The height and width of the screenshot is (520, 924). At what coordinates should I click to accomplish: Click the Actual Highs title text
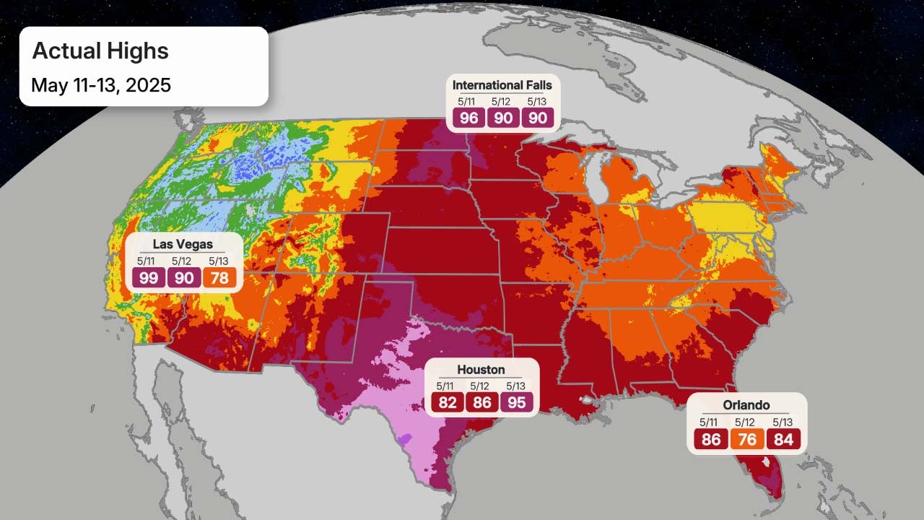click(x=100, y=51)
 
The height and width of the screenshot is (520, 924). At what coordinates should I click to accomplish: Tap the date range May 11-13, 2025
click(x=101, y=85)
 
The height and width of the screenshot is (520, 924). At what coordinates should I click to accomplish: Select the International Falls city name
click(x=502, y=85)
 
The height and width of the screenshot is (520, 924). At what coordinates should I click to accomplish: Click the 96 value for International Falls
click(x=469, y=118)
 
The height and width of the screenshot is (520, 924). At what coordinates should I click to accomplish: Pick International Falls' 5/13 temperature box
click(x=537, y=118)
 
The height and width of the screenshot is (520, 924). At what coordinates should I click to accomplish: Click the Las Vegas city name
click(x=183, y=245)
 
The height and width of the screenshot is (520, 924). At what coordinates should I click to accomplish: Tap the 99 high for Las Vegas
click(x=148, y=278)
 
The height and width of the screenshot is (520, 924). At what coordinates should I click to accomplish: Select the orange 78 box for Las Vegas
click(x=219, y=278)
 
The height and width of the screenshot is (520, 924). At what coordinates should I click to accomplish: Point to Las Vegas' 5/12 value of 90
click(x=184, y=278)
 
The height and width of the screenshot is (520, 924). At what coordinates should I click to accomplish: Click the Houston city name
click(x=481, y=370)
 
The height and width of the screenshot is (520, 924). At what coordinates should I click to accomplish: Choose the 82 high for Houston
click(x=448, y=402)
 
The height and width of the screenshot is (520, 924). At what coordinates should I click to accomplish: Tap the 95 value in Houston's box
click(x=517, y=402)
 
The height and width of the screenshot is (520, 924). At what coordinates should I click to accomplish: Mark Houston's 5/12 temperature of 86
click(x=482, y=402)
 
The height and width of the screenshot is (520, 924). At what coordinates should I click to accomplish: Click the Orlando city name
click(x=746, y=405)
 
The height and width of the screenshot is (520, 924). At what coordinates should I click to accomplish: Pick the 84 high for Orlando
click(x=783, y=439)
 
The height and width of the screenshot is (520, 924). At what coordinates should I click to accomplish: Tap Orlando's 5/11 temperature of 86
click(x=712, y=439)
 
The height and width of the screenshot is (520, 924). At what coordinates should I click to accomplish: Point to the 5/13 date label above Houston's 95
click(x=515, y=386)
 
